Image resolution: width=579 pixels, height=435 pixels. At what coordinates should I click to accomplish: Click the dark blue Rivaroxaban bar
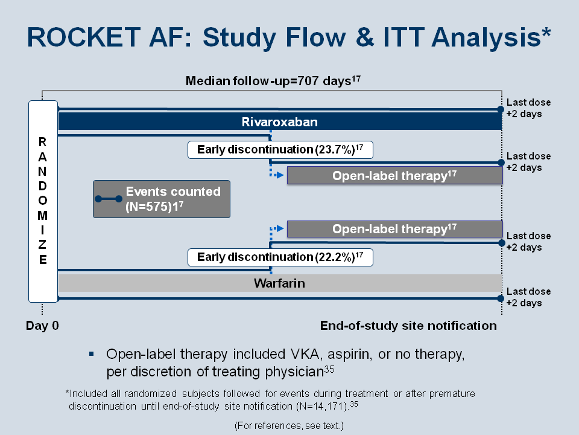click(x=280, y=121)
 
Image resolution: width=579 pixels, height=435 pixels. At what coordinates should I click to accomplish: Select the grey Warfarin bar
click(x=280, y=283)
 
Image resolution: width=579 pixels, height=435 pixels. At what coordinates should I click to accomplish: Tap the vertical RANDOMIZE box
click(x=43, y=201)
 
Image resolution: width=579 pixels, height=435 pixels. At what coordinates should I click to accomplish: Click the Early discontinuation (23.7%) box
click(x=280, y=150)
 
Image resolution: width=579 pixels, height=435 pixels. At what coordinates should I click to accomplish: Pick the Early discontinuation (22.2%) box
click(x=280, y=257)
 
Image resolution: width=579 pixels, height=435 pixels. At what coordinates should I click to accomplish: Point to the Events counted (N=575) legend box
click(x=162, y=199)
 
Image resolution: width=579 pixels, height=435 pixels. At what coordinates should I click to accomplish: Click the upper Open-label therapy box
click(x=394, y=175)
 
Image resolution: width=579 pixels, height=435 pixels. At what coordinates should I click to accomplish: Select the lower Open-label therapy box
click(x=394, y=229)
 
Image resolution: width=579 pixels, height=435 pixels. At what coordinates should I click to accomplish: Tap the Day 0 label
click(x=42, y=326)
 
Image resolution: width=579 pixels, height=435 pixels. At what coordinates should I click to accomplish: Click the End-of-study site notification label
click(x=408, y=326)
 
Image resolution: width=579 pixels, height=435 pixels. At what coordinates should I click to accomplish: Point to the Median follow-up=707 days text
click(x=273, y=80)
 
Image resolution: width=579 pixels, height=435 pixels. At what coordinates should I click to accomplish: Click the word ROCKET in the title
click(x=84, y=37)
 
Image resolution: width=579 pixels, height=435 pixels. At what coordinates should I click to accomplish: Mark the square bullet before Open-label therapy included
click(x=92, y=355)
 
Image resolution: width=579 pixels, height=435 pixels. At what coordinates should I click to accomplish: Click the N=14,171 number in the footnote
click(x=322, y=406)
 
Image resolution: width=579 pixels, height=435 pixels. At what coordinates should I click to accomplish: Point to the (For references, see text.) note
click(x=289, y=426)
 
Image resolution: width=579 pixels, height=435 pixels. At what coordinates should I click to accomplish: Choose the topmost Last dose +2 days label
click(x=528, y=108)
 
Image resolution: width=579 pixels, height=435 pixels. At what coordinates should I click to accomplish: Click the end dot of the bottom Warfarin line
click(x=501, y=298)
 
